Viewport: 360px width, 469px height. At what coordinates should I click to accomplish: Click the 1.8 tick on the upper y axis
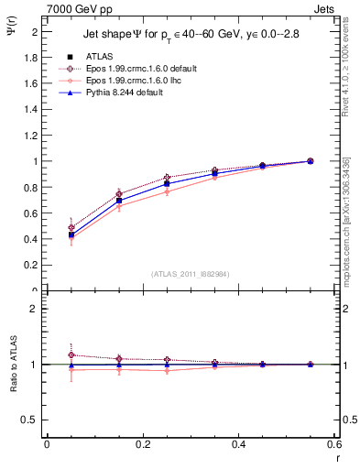31,57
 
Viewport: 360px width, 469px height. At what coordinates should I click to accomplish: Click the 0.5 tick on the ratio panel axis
31,420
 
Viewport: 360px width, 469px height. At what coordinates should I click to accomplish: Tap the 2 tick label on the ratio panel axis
35,309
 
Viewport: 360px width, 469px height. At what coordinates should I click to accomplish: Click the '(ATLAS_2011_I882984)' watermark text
191,273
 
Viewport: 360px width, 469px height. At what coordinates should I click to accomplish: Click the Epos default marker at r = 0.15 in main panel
118,193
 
